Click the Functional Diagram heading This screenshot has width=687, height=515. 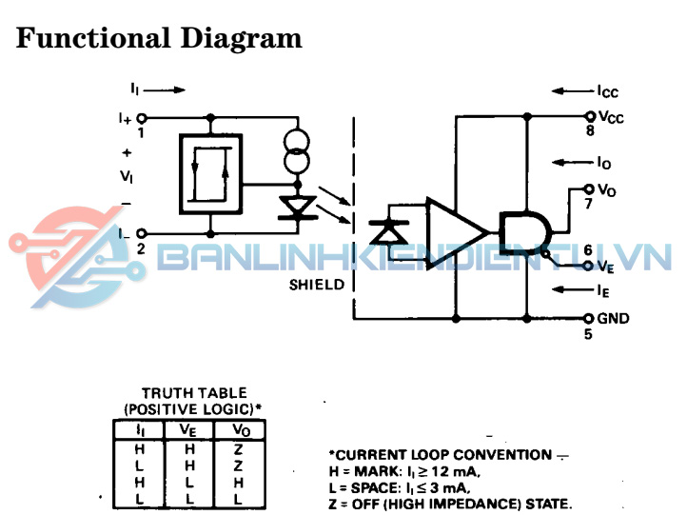click(x=159, y=39)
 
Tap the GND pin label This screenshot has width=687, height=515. click(x=613, y=318)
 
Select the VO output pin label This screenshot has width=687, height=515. click(x=607, y=189)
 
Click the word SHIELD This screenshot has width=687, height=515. click(x=317, y=285)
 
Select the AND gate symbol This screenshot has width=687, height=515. click(x=521, y=231)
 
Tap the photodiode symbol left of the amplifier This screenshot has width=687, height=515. click(x=387, y=230)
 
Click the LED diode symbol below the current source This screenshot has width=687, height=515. click(x=297, y=207)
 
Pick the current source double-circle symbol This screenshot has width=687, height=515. click(x=297, y=151)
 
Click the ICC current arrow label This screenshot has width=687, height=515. click(x=607, y=91)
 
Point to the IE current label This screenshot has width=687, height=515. click(x=603, y=289)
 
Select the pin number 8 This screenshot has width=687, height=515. click(x=590, y=131)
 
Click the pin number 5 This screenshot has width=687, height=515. click(x=588, y=334)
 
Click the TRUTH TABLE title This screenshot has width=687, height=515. click(x=194, y=392)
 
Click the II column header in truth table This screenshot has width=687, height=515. click(x=141, y=430)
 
